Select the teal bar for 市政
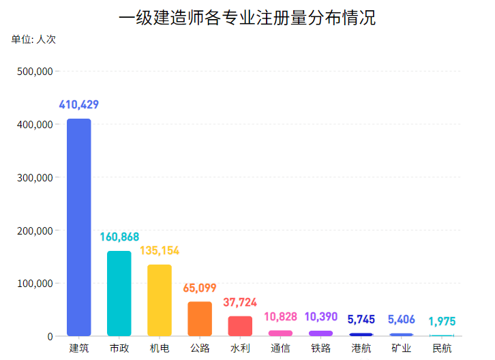[119, 293]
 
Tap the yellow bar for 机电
[160, 300]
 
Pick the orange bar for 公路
[200, 318]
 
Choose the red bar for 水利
[240, 326]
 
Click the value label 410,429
[79, 105]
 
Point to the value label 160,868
[119, 237]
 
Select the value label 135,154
[160, 251]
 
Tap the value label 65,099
[200, 288]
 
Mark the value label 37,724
[240, 302]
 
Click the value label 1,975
[442, 322]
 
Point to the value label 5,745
[361, 319]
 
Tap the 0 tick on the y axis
[50, 336]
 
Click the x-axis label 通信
[280, 348]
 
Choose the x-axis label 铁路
[320, 348]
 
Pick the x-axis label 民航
[442, 348]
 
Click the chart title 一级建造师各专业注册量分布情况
[247, 18]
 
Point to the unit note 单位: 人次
[33, 40]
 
